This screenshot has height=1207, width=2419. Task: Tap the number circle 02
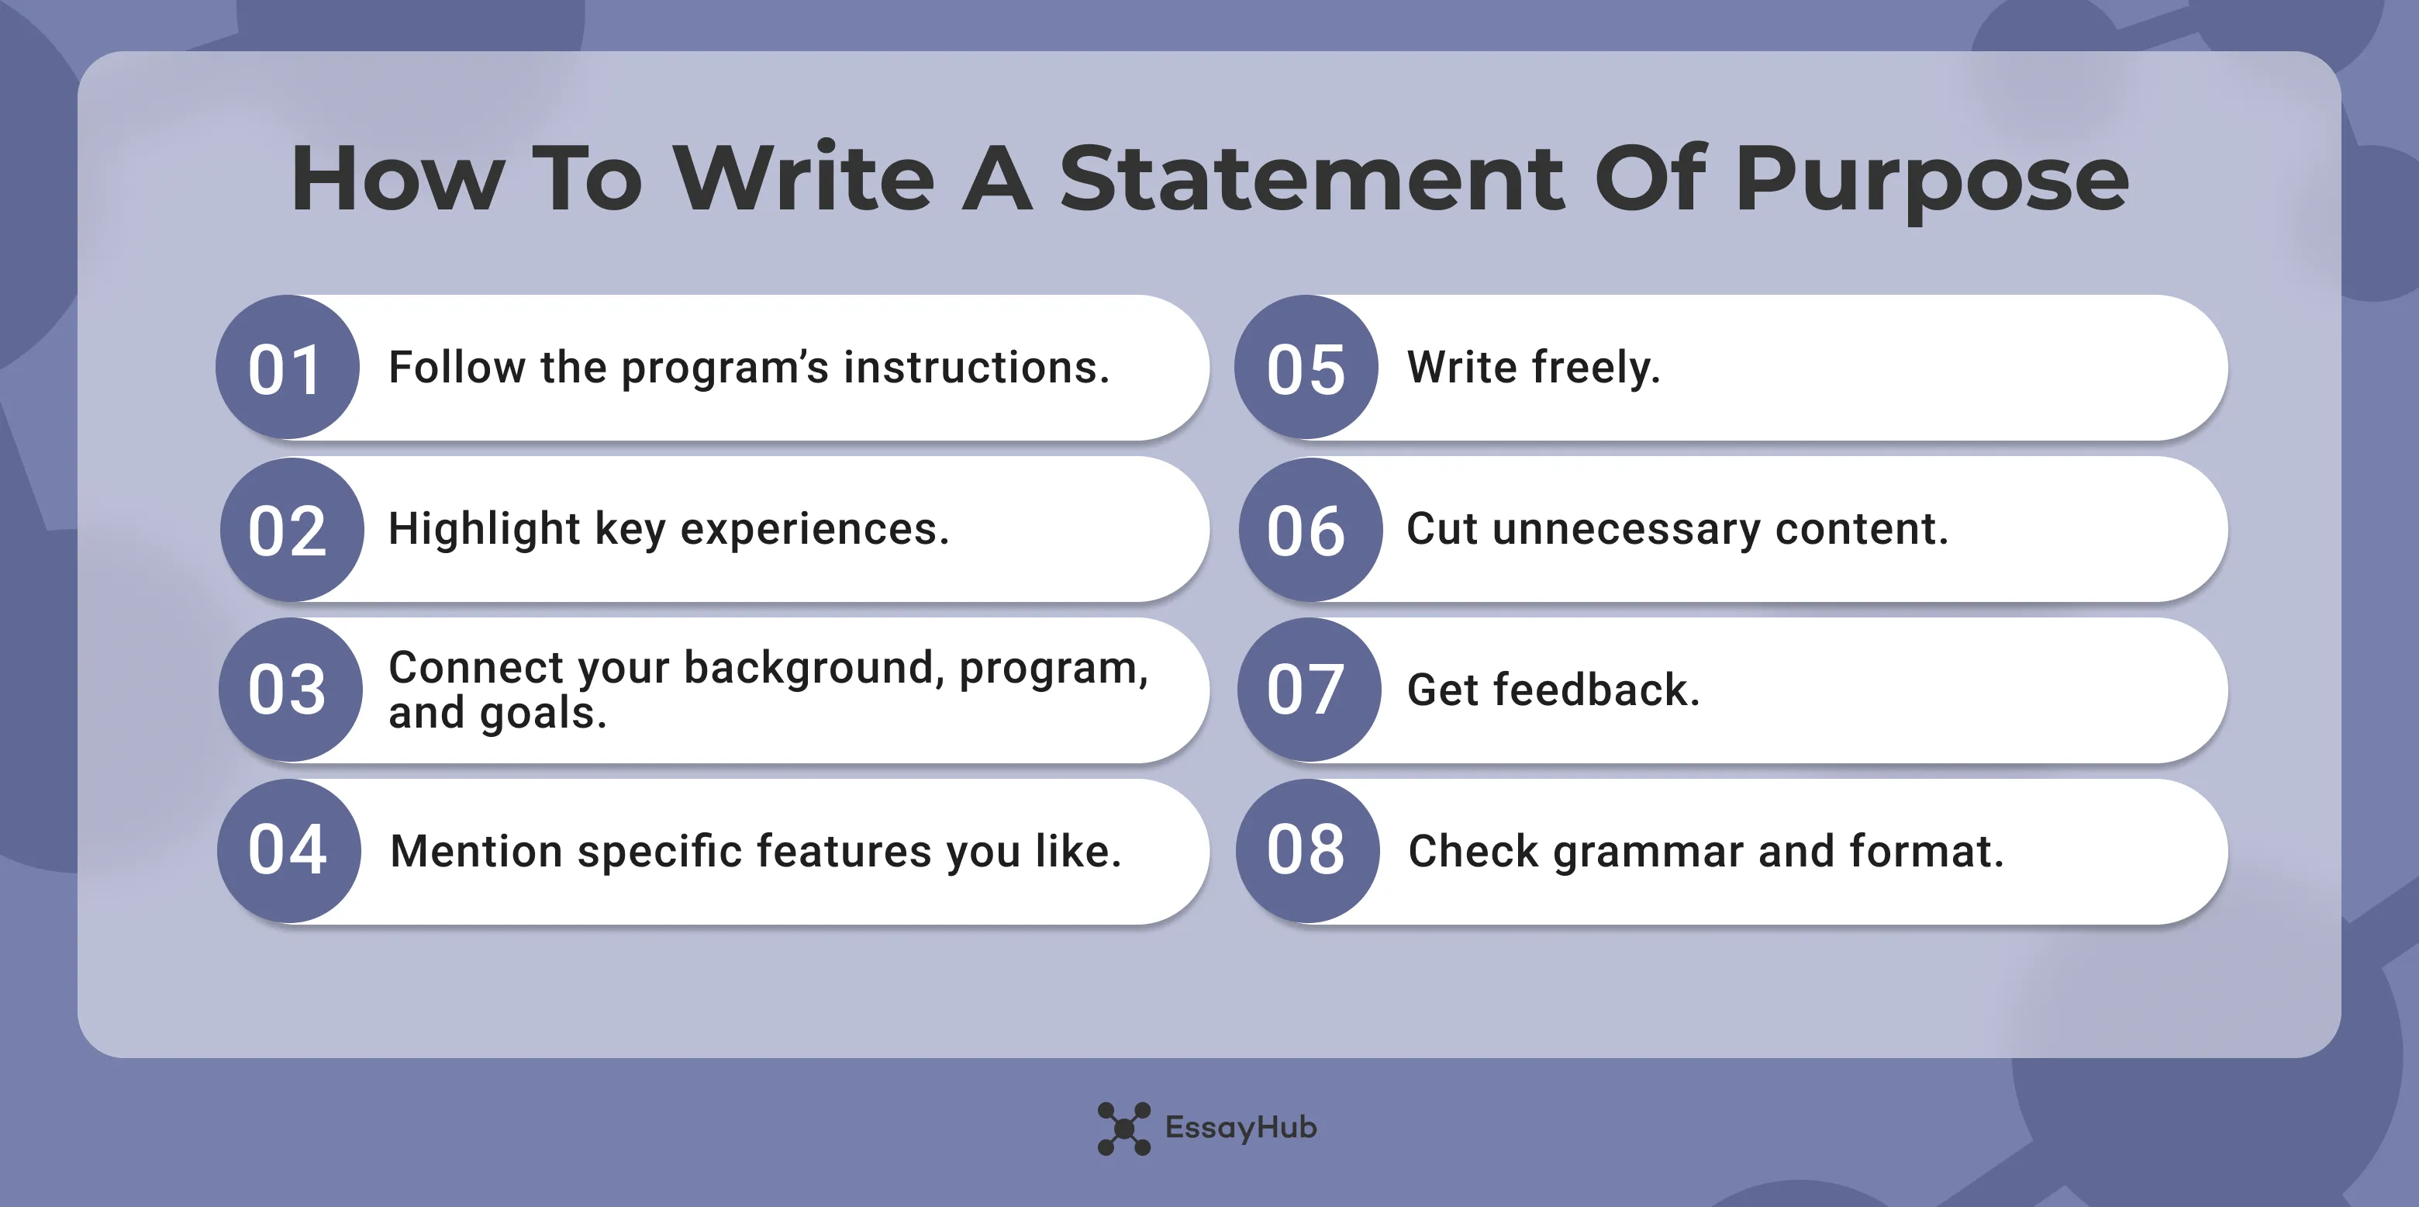pyautogui.click(x=291, y=530)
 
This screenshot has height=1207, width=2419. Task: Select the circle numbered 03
pyautogui.click(x=290, y=690)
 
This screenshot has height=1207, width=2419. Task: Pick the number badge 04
pyautogui.click(x=289, y=850)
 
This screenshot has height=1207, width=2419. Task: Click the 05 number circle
pyautogui.click(x=1306, y=367)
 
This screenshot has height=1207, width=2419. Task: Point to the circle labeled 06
pyautogui.click(x=1310, y=530)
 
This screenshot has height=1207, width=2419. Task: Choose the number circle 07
pyautogui.click(x=1309, y=690)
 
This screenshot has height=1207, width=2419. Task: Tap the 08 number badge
pyautogui.click(x=1307, y=850)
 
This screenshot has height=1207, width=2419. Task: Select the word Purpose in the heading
pyautogui.click(x=1931, y=180)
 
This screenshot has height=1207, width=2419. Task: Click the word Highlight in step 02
pyautogui.click(x=485, y=529)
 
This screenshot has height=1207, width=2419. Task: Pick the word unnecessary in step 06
pyautogui.click(x=1627, y=529)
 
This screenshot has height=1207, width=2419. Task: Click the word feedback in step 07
pyautogui.click(x=1596, y=690)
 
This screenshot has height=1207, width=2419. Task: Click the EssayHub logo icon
pyautogui.click(x=1123, y=1128)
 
